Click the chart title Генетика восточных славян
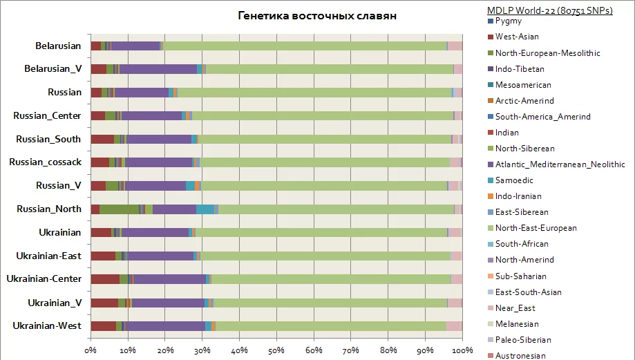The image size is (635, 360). [x=317, y=16]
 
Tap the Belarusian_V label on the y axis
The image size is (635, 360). [x=53, y=69]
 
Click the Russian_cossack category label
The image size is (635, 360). [x=46, y=162]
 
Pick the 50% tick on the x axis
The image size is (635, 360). [x=276, y=351]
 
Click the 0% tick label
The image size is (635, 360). [x=91, y=351]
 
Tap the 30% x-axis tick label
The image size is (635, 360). [x=202, y=351]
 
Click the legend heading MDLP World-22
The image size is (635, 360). [x=550, y=10]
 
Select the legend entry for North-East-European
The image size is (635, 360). [x=536, y=228]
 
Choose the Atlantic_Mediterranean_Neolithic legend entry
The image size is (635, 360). [x=560, y=164]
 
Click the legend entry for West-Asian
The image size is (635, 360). [x=517, y=37]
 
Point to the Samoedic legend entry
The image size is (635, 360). [x=515, y=180]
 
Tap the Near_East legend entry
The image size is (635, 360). [x=515, y=308]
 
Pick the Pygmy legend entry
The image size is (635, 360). [x=509, y=21]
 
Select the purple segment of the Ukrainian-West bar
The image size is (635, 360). [x=165, y=325]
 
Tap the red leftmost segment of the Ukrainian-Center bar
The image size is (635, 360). [x=105, y=279]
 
